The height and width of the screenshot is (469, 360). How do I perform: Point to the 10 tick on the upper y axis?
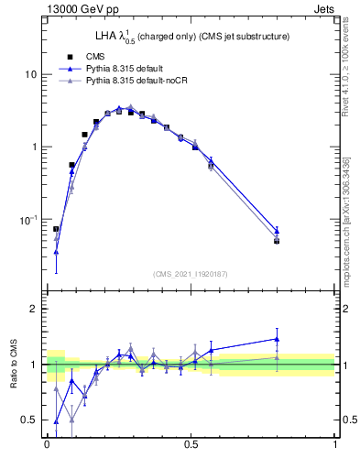point(31,73)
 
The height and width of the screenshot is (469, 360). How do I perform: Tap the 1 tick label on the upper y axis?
point(34,147)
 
